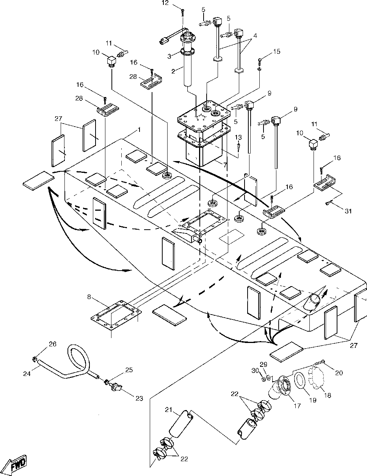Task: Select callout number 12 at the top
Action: (x=165, y=3)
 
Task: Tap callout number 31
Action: (x=348, y=211)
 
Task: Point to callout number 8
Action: (x=89, y=297)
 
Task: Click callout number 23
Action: (x=139, y=398)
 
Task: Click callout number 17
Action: (x=297, y=406)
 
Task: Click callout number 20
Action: (x=339, y=373)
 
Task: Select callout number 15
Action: (x=277, y=52)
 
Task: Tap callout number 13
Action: (x=238, y=137)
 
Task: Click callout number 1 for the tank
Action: (x=139, y=130)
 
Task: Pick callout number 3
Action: (x=169, y=56)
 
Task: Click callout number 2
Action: (x=173, y=71)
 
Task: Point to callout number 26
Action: (x=53, y=344)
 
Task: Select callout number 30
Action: (x=255, y=371)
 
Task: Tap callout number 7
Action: (x=225, y=165)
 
